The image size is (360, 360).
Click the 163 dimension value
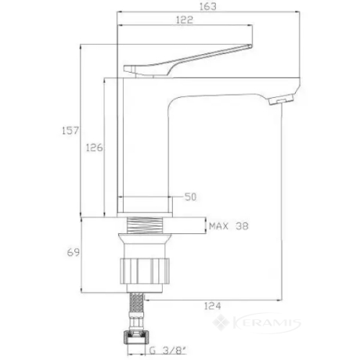208,6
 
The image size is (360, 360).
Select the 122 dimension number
185,20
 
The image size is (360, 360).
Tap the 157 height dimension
70,131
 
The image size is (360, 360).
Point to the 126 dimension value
94,148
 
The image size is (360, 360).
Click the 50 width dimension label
190,196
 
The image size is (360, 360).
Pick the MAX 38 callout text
229,226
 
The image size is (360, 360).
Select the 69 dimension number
73,252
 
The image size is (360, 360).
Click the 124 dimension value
212,306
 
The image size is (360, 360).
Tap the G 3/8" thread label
168,351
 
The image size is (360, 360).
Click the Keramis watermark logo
257,323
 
